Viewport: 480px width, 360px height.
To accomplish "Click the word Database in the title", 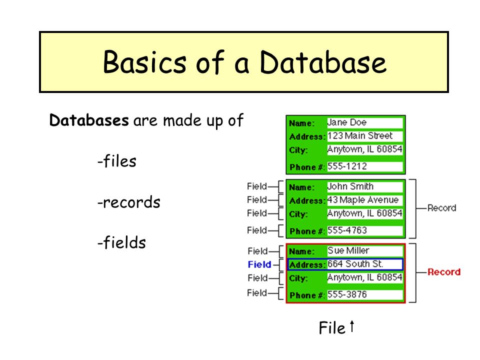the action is pyautogui.click(x=323, y=62).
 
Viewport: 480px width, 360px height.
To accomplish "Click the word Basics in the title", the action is pyautogui.click(x=144, y=62).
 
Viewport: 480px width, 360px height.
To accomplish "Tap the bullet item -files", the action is pyautogui.click(x=117, y=160).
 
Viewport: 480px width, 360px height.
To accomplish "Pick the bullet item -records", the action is pyautogui.click(x=129, y=202).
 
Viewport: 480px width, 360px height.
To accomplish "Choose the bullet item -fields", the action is pyautogui.click(x=121, y=242).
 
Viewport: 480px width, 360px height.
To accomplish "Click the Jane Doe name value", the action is pyautogui.click(x=347, y=122).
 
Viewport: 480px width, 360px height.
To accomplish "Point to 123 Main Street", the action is pyautogui.click(x=360, y=135).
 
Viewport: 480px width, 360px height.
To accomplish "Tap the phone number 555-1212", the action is pyautogui.click(x=347, y=166).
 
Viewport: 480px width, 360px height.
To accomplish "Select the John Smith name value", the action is pyautogui.click(x=350, y=186).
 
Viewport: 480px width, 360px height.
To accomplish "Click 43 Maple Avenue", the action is pyautogui.click(x=363, y=200).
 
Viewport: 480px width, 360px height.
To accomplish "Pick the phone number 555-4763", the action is pyautogui.click(x=347, y=230).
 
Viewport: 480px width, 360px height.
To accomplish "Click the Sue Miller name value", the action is pyautogui.click(x=348, y=250).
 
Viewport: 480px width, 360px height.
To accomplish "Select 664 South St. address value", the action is pyautogui.click(x=355, y=264).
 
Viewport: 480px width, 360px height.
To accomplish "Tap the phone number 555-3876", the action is pyautogui.click(x=347, y=294).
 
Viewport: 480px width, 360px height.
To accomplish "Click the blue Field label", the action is pyautogui.click(x=259, y=264).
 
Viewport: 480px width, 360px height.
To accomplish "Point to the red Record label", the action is pyautogui.click(x=444, y=272).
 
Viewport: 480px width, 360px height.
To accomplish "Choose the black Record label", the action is pyautogui.click(x=441, y=208).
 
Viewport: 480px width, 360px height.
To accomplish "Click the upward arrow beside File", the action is pyautogui.click(x=352, y=326).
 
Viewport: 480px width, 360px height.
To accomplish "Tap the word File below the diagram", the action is pyautogui.click(x=332, y=328).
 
